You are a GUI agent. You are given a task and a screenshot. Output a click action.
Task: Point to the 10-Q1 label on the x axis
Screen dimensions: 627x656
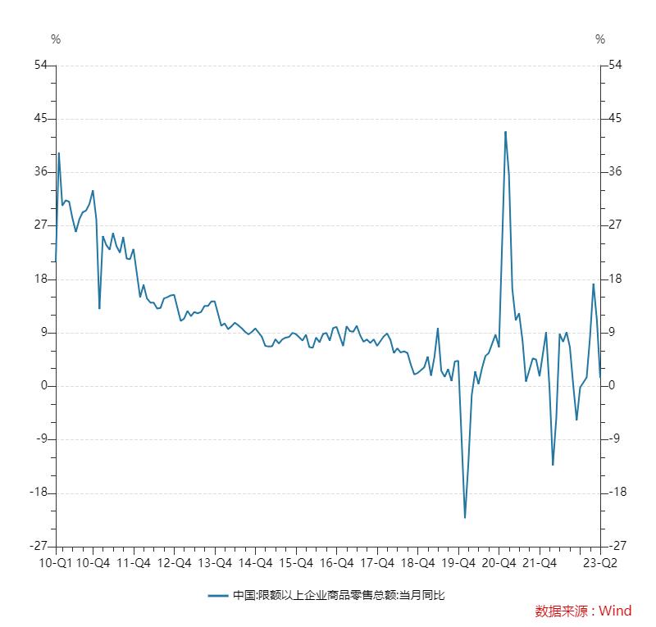click(x=56, y=563)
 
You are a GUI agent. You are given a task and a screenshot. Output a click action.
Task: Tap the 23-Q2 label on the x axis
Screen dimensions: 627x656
click(x=600, y=563)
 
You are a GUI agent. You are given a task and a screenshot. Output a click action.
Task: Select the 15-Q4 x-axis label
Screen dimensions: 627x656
click(x=295, y=563)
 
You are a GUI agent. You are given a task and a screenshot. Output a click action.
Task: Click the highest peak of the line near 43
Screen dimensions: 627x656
click(x=505, y=131)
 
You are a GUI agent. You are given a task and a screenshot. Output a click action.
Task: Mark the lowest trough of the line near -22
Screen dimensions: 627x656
click(x=465, y=517)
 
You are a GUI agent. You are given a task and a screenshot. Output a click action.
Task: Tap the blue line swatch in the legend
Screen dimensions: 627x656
click(x=218, y=596)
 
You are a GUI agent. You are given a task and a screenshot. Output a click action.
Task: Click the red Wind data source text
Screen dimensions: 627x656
click(x=583, y=611)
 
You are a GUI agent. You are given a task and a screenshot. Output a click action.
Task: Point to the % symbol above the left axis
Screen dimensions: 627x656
click(x=56, y=39)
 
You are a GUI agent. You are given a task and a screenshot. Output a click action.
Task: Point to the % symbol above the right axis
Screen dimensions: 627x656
click(x=600, y=39)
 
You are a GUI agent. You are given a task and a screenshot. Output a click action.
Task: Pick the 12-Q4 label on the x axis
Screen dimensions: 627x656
click(x=174, y=563)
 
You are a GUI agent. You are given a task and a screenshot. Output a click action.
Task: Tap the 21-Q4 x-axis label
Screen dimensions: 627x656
click(x=539, y=563)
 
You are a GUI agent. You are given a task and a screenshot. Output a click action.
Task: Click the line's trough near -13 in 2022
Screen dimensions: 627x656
click(x=553, y=465)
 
